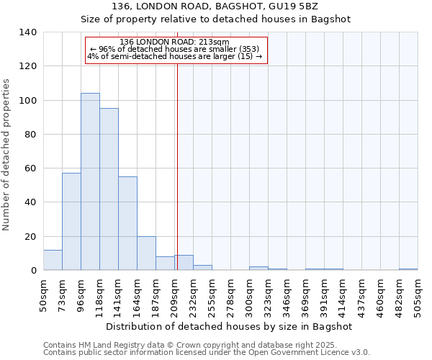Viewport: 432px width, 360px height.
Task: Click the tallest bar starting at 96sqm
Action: pyautogui.click(x=90, y=181)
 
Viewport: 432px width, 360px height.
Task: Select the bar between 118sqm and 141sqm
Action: pyautogui.click(x=109, y=189)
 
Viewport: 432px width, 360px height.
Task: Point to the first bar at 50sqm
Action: pyautogui.click(x=53, y=260)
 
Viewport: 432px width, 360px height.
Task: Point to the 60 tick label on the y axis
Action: pyautogui.click(x=31, y=168)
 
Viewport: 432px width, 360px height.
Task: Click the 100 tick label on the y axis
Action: pyautogui.click(x=28, y=100)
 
